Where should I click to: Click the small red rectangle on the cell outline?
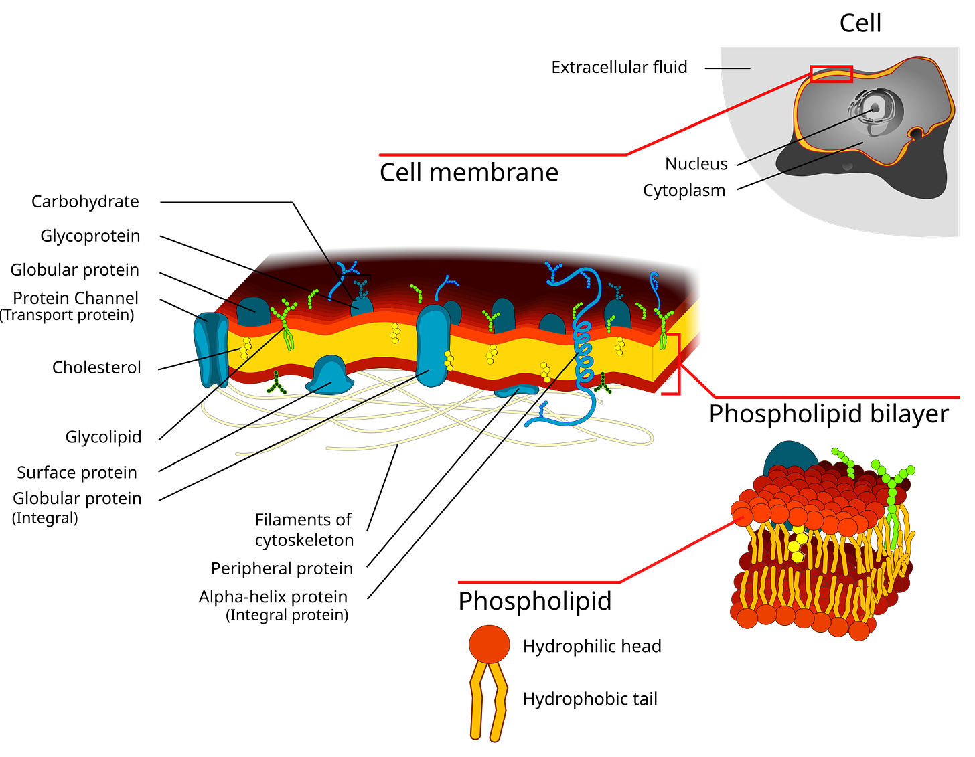click(831, 74)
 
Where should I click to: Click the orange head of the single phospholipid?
click(489, 645)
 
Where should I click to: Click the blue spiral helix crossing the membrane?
click(585, 351)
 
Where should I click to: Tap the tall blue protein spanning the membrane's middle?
click(433, 345)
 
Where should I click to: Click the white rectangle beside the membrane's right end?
click(694, 308)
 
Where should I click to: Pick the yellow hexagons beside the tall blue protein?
click(449, 360)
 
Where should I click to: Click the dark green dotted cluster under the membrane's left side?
click(275, 384)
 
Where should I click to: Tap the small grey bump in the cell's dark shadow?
click(848, 165)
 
